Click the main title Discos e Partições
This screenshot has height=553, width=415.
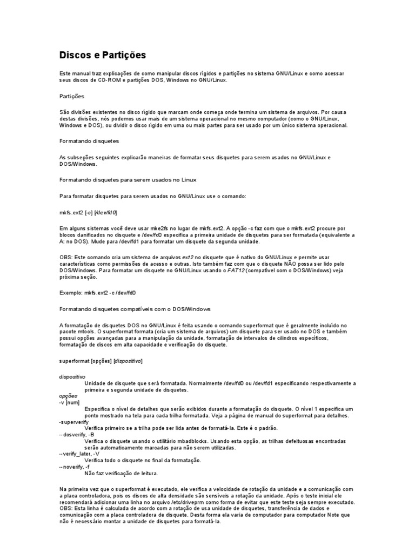102,56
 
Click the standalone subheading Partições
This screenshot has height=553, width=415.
72,96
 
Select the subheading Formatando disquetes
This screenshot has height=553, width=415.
89,140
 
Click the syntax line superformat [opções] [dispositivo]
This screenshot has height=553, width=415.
101,360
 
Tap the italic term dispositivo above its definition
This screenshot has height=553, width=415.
72,376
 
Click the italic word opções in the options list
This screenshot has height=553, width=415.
68,395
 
